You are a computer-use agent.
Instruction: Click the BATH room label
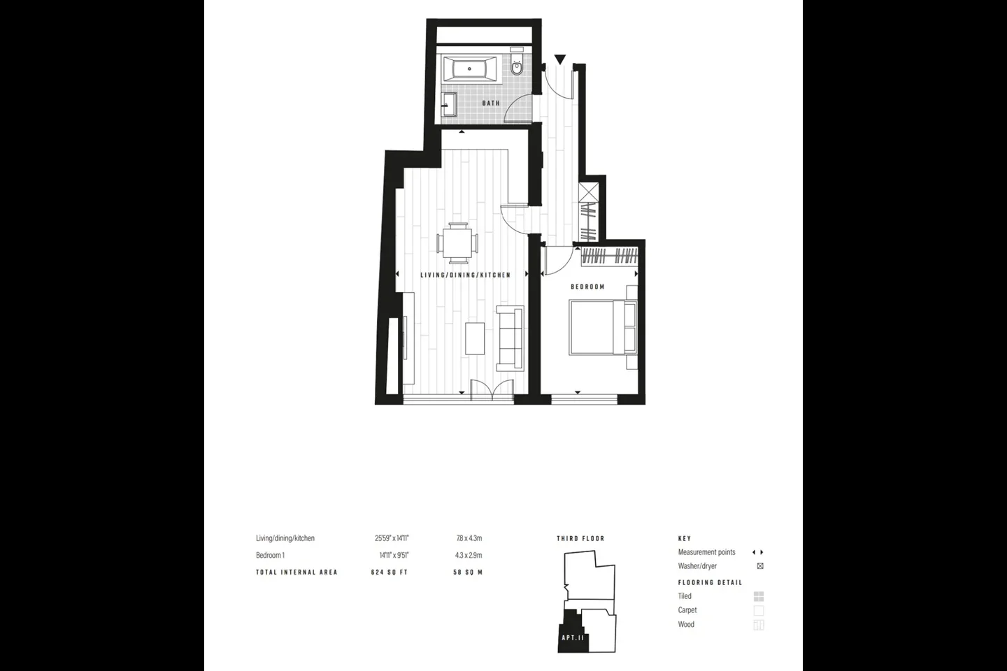click(x=491, y=103)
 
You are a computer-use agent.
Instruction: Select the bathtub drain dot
click(x=469, y=68)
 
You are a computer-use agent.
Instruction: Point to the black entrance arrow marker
click(x=559, y=59)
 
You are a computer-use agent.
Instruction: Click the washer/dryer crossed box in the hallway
click(x=589, y=192)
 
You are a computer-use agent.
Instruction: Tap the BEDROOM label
click(x=587, y=287)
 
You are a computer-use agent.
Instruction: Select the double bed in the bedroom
click(x=603, y=328)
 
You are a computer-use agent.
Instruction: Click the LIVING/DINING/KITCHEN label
click(x=465, y=275)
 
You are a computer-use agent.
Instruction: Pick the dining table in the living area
click(x=457, y=243)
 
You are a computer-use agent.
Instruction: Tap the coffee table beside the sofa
click(x=475, y=338)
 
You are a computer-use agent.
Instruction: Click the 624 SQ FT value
click(x=390, y=572)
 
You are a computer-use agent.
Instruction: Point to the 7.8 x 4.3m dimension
click(x=469, y=538)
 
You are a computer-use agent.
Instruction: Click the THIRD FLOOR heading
click(x=580, y=538)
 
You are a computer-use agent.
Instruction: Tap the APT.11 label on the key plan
click(x=573, y=637)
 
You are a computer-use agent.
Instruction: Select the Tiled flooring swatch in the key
click(x=758, y=596)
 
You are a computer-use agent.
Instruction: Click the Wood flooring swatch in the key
click(x=758, y=625)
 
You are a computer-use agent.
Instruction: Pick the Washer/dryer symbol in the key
click(x=760, y=566)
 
